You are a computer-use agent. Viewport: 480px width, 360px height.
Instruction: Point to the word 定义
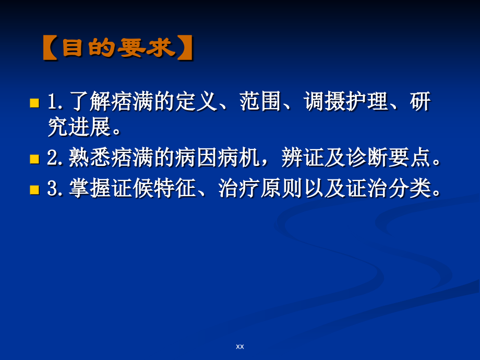(199, 101)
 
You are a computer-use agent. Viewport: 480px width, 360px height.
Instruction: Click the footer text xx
(240, 346)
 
